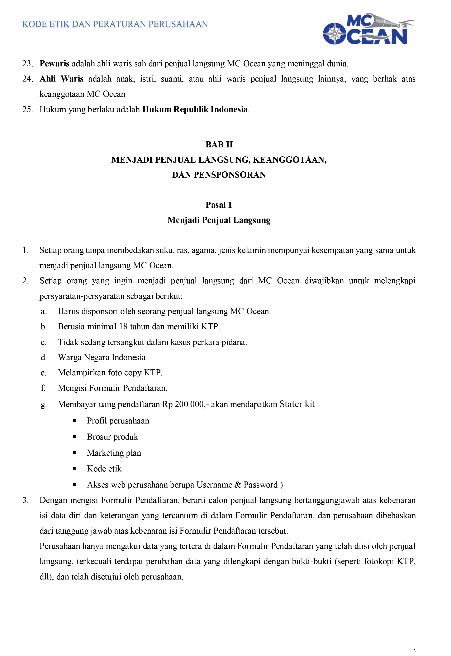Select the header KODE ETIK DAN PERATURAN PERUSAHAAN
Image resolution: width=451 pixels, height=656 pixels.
tap(115, 24)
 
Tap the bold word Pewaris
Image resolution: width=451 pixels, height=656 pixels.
tap(54, 64)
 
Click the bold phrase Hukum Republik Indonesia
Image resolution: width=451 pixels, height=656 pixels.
tap(195, 109)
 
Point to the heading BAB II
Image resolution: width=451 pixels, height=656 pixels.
tap(219, 145)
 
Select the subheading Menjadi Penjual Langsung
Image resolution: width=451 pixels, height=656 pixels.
tap(219, 220)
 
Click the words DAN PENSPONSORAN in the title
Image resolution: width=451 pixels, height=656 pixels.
tap(219, 175)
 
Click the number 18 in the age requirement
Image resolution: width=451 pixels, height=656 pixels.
tap(123, 327)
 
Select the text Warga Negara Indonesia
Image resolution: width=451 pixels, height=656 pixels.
tap(102, 357)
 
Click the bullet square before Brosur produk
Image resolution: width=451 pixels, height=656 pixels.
tap(74, 437)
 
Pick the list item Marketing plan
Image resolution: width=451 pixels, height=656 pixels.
tap(114, 453)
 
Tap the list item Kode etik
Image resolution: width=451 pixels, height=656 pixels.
tap(104, 469)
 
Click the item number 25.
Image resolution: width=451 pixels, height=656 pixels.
tap(28, 109)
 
